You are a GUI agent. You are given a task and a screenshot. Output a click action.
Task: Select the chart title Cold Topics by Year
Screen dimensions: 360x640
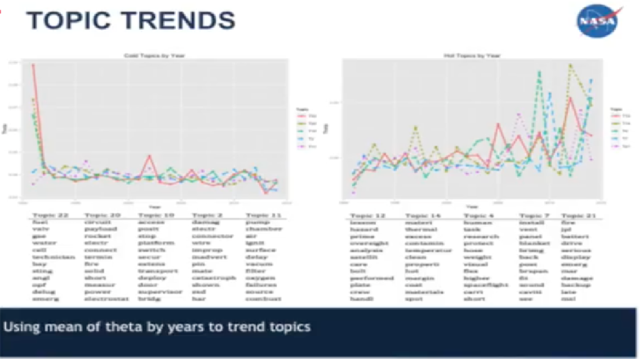pos(154,56)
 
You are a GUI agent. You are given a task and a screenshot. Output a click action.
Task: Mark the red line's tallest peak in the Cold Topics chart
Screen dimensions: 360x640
pos(33,65)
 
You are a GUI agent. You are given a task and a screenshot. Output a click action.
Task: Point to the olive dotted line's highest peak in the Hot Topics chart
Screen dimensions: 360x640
pos(571,65)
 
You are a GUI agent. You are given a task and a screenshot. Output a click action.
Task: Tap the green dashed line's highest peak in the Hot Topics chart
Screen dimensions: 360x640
pos(538,72)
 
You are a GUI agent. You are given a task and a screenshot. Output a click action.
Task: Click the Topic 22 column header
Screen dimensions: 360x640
pos(49,214)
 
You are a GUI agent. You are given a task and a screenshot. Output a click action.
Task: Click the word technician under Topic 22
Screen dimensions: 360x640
pos(51,257)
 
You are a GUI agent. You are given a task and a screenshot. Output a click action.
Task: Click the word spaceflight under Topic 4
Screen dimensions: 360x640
pos(482,284)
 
